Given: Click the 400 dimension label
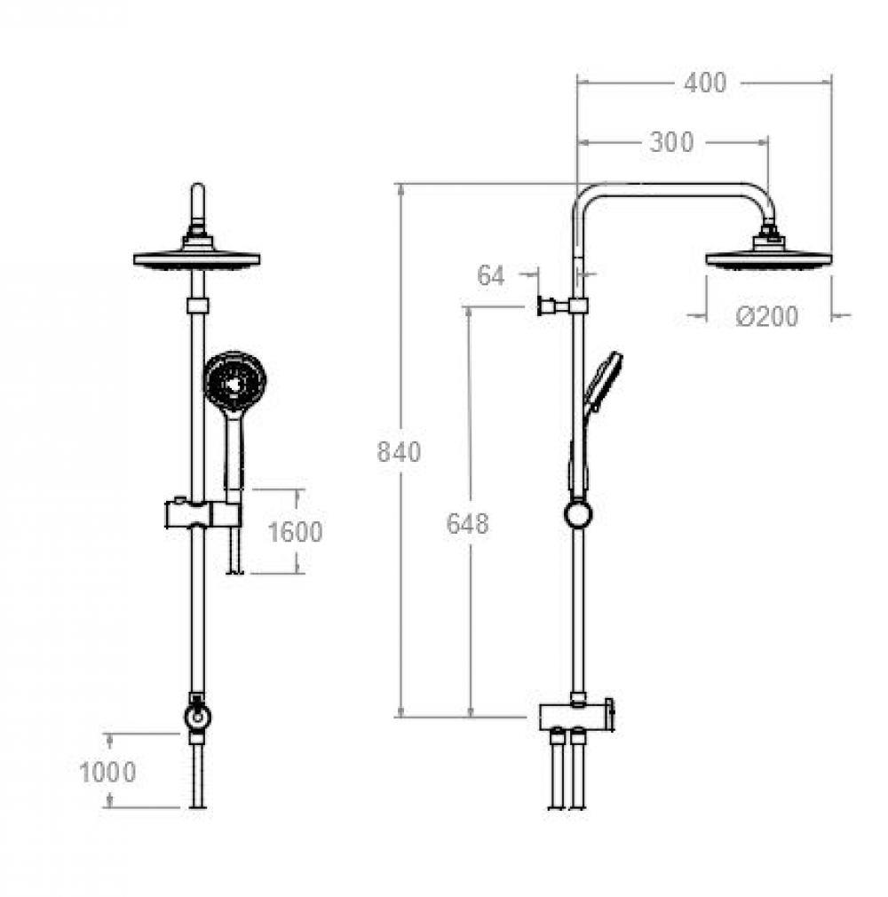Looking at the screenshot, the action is pos(705,83).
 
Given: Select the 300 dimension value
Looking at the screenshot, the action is pos(671,142).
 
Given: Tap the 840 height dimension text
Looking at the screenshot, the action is pos(399,452).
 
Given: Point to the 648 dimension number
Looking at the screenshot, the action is pos(467,523).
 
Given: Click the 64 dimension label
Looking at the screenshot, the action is pos(491,275).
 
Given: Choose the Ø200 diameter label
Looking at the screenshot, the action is pos(766,316).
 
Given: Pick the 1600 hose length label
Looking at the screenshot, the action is pos(295,532).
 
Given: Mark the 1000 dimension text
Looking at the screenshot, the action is pos(107,773).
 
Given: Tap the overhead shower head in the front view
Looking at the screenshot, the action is pos(197,258).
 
